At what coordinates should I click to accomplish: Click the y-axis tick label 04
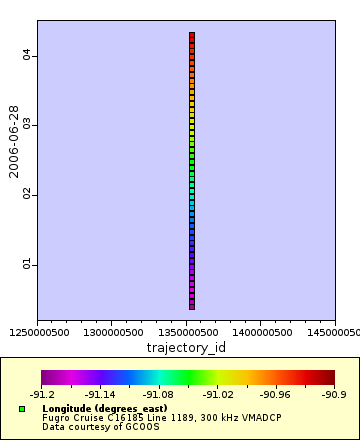click(x=30, y=56)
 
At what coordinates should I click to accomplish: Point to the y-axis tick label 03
click(x=30, y=125)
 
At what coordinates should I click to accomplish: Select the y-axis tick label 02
click(x=30, y=194)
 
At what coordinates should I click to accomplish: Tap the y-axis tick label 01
click(x=30, y=264)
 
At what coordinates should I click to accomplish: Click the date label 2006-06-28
click(x=14, y=140)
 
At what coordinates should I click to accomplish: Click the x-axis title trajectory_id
click(x=186, y=347)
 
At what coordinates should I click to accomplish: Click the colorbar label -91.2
click(x=42, y=394)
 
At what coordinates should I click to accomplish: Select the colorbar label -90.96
click(x=276, y=394)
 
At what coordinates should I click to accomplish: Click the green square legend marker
click(x=22, y=410)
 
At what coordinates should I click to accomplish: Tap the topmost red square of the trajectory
click(x=191, y=36)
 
